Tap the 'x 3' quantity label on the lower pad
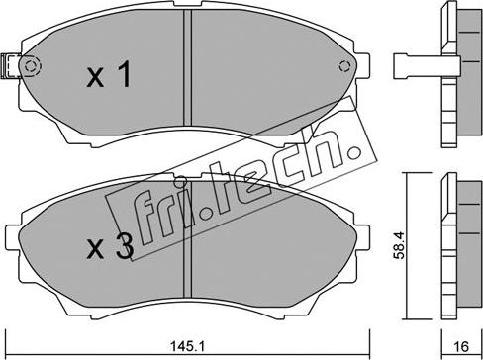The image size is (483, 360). pyautogui.click(x=108, y=247)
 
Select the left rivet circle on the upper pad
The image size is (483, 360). pyautogui.click(x=31, y=67)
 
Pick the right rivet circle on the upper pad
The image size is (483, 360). pyautogui.click(x=345, y=67)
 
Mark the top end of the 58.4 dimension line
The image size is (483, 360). pyautogui.click(x=407, y=176)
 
